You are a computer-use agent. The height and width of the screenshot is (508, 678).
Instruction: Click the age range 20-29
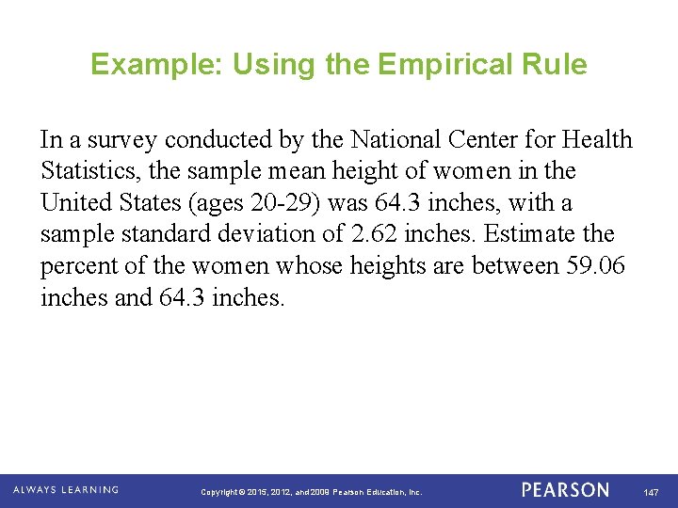293,203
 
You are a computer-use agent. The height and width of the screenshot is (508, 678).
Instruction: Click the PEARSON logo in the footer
565,490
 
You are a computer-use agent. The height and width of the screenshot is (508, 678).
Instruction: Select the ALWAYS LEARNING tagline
66,490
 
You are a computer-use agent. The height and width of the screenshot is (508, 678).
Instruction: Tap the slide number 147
651,492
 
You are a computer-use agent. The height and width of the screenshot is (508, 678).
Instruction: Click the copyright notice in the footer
313,492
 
